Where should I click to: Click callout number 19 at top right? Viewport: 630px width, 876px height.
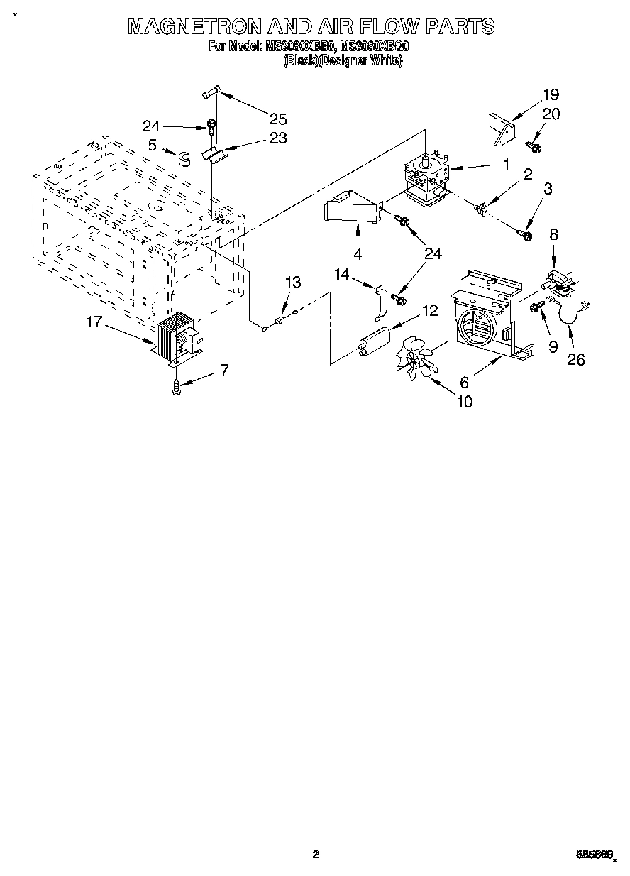[x=551, y=94]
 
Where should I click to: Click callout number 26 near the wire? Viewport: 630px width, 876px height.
[x=576, y=360]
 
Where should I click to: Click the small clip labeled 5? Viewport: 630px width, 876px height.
[x=186, y=156]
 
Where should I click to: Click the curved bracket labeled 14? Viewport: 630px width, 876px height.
[x=380, y=302]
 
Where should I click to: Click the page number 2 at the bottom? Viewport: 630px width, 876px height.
[x=316, y=855]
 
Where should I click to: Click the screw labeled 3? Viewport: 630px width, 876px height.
[x=526, y=234]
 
